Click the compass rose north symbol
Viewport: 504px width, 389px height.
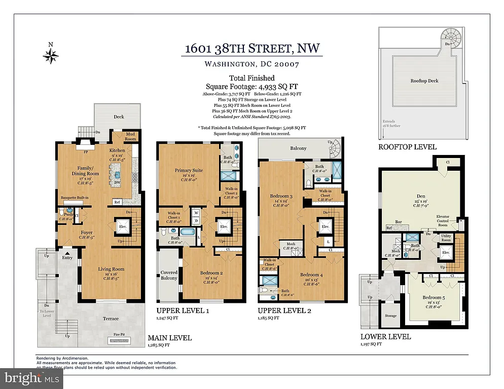[51, 53]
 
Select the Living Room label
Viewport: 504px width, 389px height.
[111, 269]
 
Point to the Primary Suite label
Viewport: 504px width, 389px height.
[189, 171]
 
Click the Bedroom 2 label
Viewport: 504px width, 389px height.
[199, 273]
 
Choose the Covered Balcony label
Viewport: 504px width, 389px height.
[169, 275]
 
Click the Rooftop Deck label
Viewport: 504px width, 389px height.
[424, 81]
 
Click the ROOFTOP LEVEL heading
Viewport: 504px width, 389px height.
[407, 147]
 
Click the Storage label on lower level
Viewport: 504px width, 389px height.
[390, 316]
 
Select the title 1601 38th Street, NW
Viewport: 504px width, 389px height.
[252, 49]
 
